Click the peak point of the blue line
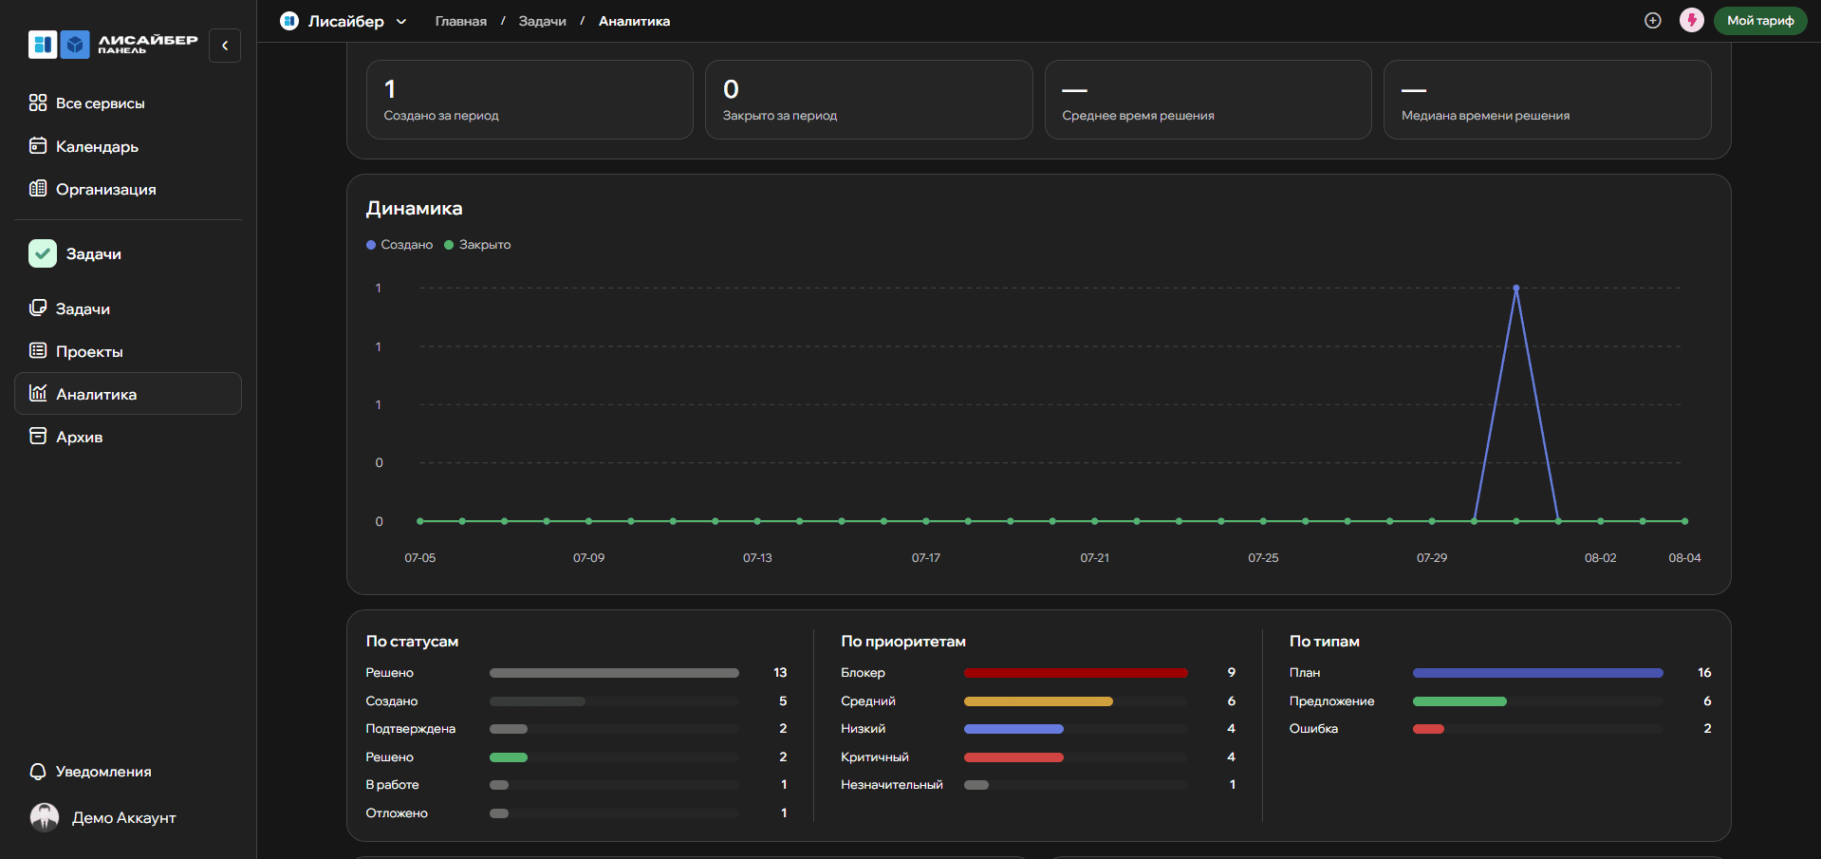pyautogui.click(x=1516, y=288)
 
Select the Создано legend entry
pyautogui.click(x=400, y=245)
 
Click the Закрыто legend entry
pyautogui.click(x=477, y=245)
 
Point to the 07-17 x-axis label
pyautogui.click(x=926, y=558)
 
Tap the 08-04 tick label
pyautogui.click(x=1684, y=558)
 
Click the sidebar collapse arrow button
pyautogui.click(x=225, y=46)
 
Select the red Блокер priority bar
pyautogui.click(x=1075, y=673)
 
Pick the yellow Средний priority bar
pyautogui.click(x=1038, y=701)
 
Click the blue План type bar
pyautogui.click(x=1537, y=673)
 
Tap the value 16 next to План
pyautogui.click(x=1704, y=673)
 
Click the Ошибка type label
pyautogui.click(x=1313, y=729)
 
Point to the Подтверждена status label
pyautogui.click(x=411, y=729)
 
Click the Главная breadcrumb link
pyautogui.click(x=461, y=21)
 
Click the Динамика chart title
pyautogui.click(x=415, y=209)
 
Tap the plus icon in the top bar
pyautogui.click(x=1653, y=21)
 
